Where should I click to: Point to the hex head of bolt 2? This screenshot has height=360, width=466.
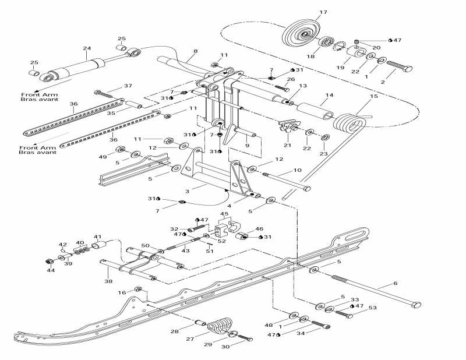tap(408, 69)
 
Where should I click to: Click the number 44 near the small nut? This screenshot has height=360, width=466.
tap(51, 270)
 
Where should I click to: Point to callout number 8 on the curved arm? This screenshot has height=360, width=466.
tap(195, 52)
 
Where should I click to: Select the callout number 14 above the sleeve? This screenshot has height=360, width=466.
tap(329, 95)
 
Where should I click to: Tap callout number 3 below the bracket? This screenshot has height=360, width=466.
tap(186, 190)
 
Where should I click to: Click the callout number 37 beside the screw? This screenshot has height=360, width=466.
tap(128, 86)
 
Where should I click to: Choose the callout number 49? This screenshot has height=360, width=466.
tap(103, 157)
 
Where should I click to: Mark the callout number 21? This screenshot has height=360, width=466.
tap(287, 145)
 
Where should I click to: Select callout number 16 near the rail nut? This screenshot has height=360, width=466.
tap(122, 293)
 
